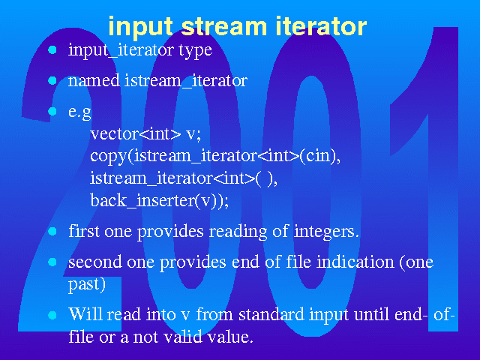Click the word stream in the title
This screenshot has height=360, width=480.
click(224, 27)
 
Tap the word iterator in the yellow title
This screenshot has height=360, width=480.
click(321, 27)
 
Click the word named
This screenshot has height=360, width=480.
click(94, 80)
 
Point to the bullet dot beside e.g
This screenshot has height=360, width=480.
click(52, 111)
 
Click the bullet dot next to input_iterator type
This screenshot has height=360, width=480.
click(52, 50)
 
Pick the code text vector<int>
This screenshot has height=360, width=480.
click(136, 133)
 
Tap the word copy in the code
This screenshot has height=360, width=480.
click(108, 157)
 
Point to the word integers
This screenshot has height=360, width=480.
click(326, 232)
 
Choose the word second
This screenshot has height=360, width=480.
click(95, 262)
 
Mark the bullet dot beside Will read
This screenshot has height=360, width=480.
click(52, 315)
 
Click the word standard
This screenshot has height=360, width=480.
click(271, 314)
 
